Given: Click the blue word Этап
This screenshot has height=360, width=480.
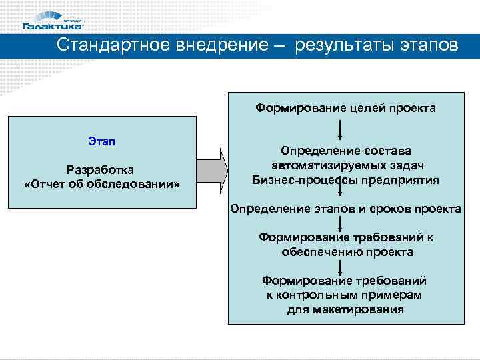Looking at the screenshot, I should click(101, 141).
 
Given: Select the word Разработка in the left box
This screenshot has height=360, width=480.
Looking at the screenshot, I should click(101, 169).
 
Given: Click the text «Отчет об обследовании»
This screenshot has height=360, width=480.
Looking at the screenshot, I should click(101, 183).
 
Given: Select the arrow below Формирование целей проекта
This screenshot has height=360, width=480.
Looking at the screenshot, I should click(341, 128).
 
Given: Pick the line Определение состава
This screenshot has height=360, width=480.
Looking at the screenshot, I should click(345, 151).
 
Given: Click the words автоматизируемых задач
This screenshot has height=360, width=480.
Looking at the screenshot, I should click(345, 165).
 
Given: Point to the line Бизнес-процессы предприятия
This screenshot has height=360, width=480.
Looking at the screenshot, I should click(345, 179).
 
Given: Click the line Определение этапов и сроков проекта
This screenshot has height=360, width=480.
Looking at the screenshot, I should click(345, 209).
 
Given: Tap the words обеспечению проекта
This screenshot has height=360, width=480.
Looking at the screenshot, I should click(347, 252).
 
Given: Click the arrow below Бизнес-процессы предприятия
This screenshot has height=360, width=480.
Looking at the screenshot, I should click(341, 193).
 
